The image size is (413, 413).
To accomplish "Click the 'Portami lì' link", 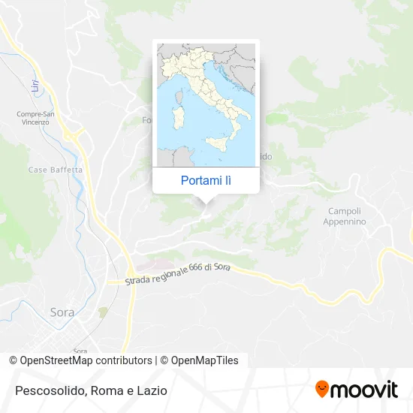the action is click(206, 180).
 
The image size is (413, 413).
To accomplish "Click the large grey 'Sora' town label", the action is click(62, 312).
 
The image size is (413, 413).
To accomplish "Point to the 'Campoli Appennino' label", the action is click(345, 216).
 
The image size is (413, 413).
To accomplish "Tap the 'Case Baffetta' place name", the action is click(55, 170).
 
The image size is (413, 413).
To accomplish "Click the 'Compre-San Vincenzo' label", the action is click(35, 118).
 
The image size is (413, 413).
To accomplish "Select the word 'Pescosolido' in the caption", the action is click(47, 390).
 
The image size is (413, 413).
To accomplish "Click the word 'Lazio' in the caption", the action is click(152, 390).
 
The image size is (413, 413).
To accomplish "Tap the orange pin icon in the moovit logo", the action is click(322, 389).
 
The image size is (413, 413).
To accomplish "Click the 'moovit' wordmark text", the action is click(365, 390).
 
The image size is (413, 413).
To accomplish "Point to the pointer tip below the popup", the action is click(206, 203).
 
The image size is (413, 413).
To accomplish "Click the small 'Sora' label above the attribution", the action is click(80, 350).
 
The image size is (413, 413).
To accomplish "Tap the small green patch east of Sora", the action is click(103, 311).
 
